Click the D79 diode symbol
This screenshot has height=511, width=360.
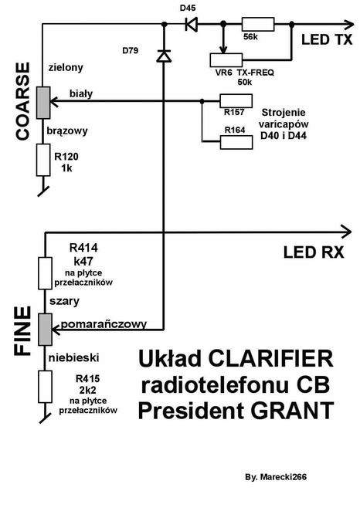[163, 56]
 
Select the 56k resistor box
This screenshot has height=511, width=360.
[254, 24]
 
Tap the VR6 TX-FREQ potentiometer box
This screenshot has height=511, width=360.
[233, 59]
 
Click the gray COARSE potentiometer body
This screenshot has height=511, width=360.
[43, 98]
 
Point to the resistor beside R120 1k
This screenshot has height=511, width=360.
[43, 161]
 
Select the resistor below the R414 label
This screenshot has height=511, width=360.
[43, 272]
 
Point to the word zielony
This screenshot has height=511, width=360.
[66, 66]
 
